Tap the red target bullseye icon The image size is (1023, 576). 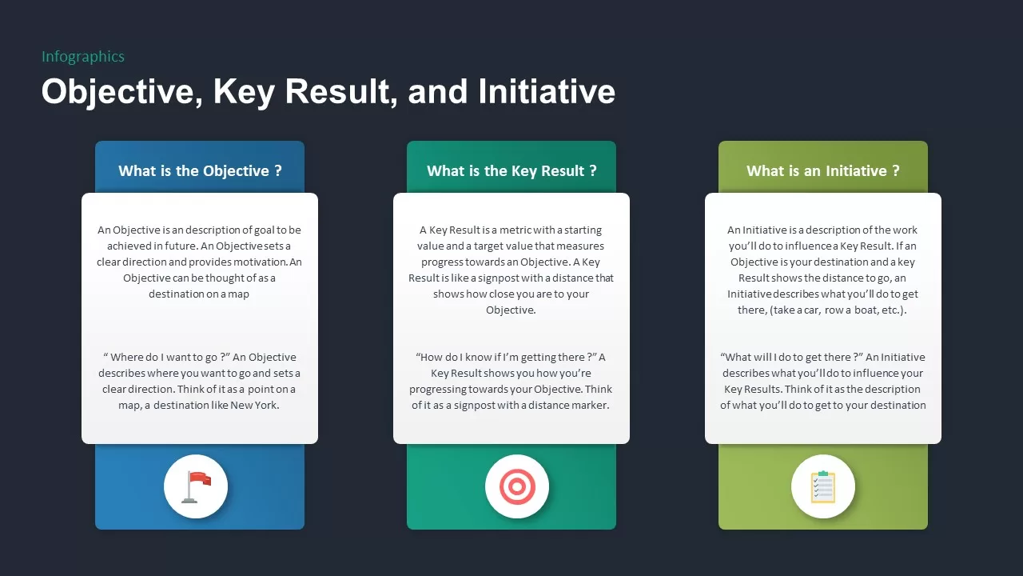point(517,486)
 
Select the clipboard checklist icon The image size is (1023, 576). point(823,486)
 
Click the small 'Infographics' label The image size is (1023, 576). point(83,57)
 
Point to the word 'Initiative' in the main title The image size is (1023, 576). point(547,91)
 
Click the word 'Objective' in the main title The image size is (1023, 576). point(117,91)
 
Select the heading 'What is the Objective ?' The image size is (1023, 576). point(200,170)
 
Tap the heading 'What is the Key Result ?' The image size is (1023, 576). point(511,170)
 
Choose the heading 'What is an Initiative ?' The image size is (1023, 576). point(823,170)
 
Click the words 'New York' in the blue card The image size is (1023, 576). point(253,405)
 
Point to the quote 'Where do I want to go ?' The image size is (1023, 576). point(166,358)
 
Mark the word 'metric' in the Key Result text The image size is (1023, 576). point(516,230)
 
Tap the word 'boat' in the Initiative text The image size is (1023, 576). point(858,310)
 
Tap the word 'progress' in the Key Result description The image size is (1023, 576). point(444,262)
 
